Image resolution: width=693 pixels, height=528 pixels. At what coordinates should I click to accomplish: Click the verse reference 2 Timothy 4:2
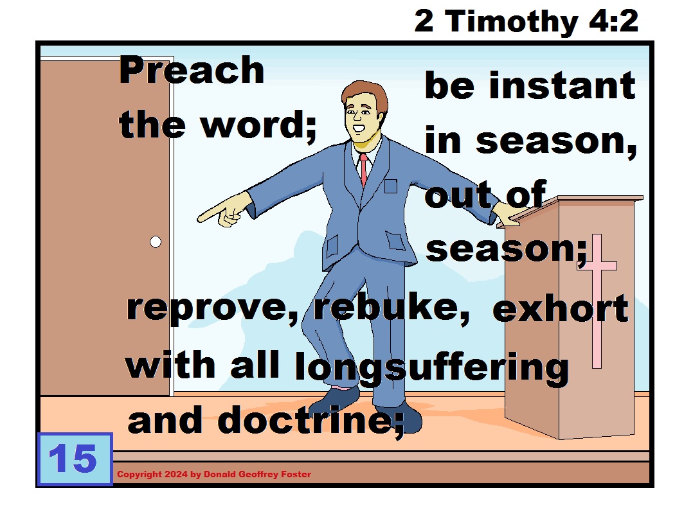(x=526, y=21)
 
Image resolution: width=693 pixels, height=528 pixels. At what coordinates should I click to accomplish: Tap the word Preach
(x=192, y=71)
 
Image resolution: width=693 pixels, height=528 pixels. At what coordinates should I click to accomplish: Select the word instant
(x=562, y=86)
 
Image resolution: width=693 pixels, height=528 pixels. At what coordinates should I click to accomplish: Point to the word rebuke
(x=391, y=309)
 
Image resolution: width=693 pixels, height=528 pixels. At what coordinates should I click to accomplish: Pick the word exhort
(x=560, y=310)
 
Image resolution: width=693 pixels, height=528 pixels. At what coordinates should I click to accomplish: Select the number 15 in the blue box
(x=73, y=459)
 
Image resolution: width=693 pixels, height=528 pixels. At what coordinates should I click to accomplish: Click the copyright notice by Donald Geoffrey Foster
(x=213, y=475)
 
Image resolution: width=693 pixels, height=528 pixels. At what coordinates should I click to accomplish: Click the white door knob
(x=155, y=242)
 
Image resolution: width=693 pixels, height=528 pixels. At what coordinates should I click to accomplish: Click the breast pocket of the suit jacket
(x=390, y=187)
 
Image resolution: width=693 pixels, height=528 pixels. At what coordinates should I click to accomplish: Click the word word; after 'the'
(x=259, y=125)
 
